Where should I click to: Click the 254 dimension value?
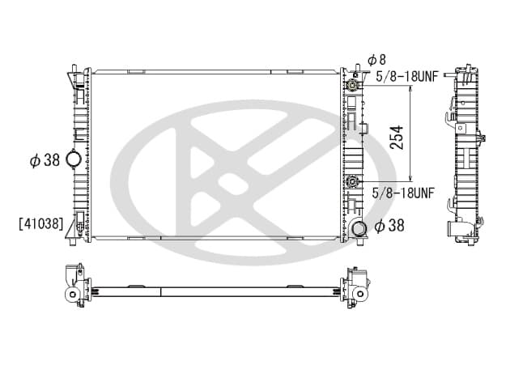397,138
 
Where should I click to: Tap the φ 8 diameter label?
376,60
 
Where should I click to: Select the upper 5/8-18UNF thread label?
407,77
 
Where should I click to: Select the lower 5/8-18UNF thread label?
403,193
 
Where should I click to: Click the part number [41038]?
41,223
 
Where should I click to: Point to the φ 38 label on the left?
45,160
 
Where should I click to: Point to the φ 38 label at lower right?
389,226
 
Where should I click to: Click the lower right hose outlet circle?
359,229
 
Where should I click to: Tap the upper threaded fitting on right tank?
351,86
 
